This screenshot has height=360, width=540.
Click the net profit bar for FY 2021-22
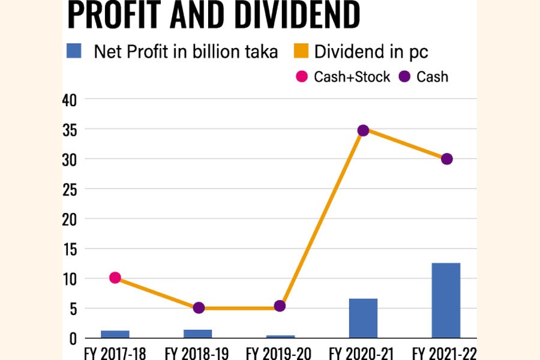tap(446, 300)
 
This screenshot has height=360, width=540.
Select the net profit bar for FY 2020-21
tap(363, 318)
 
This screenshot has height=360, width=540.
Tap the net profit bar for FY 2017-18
tap(115, 334)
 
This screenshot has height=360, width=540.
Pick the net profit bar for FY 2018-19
tap(198, 334)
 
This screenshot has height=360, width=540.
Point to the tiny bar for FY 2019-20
tap(280, 337)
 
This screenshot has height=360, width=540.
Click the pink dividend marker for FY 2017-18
tap(115, 278)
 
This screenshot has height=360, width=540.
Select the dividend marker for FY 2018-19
tap(199, 308)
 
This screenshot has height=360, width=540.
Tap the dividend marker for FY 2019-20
tap(279, 306)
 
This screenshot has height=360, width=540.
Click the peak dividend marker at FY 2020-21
tap(363, 130)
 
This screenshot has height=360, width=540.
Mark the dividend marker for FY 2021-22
tap(446, 159)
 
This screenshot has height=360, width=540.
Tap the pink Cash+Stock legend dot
tap(302, 77)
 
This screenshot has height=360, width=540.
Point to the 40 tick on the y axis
tap(70, 100)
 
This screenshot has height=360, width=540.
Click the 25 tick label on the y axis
tap(70, 189)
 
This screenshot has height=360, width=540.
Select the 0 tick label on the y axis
tap(73, 338)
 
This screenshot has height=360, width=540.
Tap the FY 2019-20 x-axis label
tap(280, 352)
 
